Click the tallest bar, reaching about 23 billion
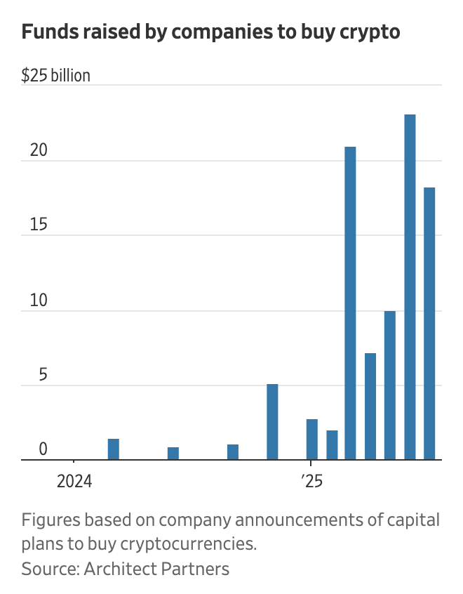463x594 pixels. [410, 287]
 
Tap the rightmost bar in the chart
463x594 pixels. [429, 324]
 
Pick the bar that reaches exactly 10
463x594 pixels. [390, 385]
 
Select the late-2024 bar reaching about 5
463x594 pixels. [272, 422]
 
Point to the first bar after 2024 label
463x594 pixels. [113, 449]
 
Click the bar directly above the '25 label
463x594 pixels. [312, 440]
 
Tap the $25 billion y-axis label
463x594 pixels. [55, 75]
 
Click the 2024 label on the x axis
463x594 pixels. [74, 482]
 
